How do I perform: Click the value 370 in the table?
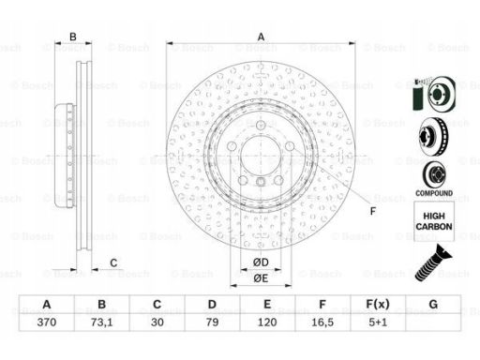coord(47,322)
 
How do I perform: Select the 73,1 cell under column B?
coord(101,322)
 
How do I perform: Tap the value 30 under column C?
coord(157,322)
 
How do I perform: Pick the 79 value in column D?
coord(212,322)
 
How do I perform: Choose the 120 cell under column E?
coord(267,322)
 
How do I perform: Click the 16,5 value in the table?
coord(322,322)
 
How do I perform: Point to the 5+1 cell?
coord(378,322)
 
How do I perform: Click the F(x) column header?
coord(378,304)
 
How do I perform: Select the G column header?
coord(433,304)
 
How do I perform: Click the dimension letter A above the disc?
coord(261,37)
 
